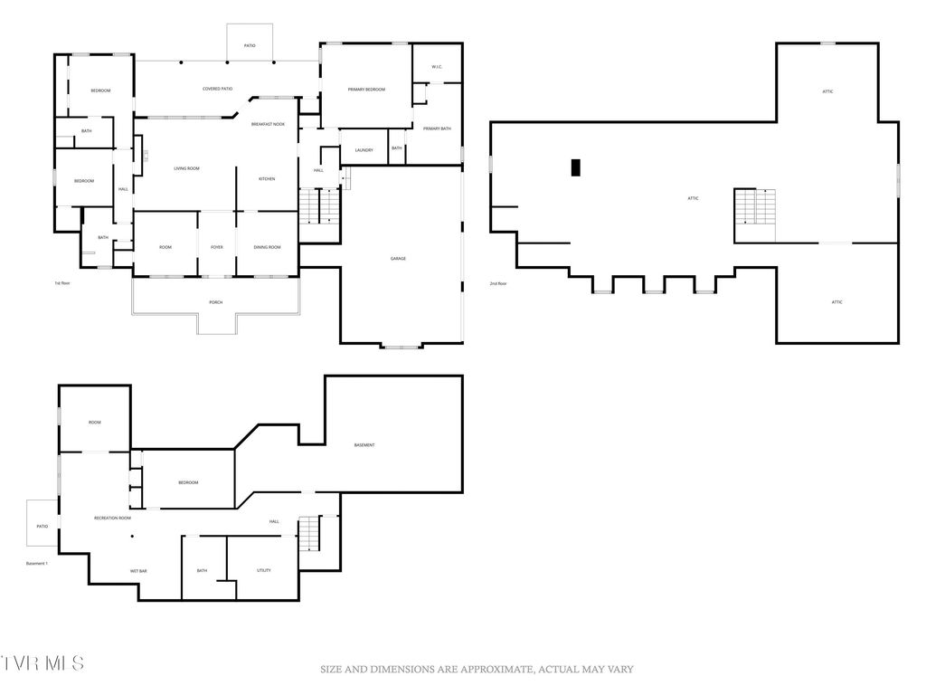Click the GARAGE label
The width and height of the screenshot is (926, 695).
[x=398, y=259]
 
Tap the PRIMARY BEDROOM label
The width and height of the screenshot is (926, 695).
[x=367, y=90]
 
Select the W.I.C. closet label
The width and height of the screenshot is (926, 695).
[x=436, y=66]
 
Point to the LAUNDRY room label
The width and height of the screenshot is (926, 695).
[x=364, y=150]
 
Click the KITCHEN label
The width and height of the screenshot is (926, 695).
[x=267, y=179]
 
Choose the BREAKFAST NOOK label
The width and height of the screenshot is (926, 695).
[x=269, y=123]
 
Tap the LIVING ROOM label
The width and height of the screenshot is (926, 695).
[x=186, y=169]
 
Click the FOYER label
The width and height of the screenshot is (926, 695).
[x=217, y=247]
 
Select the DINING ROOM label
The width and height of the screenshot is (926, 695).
[x=267, y=247]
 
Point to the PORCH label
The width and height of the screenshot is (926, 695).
[x=215, y=302]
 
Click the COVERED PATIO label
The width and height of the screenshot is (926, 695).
[x=217, y=89]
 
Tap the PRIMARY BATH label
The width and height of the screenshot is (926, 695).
[x=437, y=129]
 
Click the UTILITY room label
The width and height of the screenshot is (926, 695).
[x=263, y=570]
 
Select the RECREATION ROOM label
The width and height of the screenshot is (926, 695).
[x=113, y=518]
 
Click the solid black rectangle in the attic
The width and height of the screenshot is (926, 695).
[x=575, y=167]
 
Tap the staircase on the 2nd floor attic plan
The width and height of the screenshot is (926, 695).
[x=755, y=208]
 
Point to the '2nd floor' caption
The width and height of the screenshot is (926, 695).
[x=499, y=283]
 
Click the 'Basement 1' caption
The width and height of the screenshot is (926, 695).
[x=37, y=563]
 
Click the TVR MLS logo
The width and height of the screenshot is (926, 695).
[x=43, y=662]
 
